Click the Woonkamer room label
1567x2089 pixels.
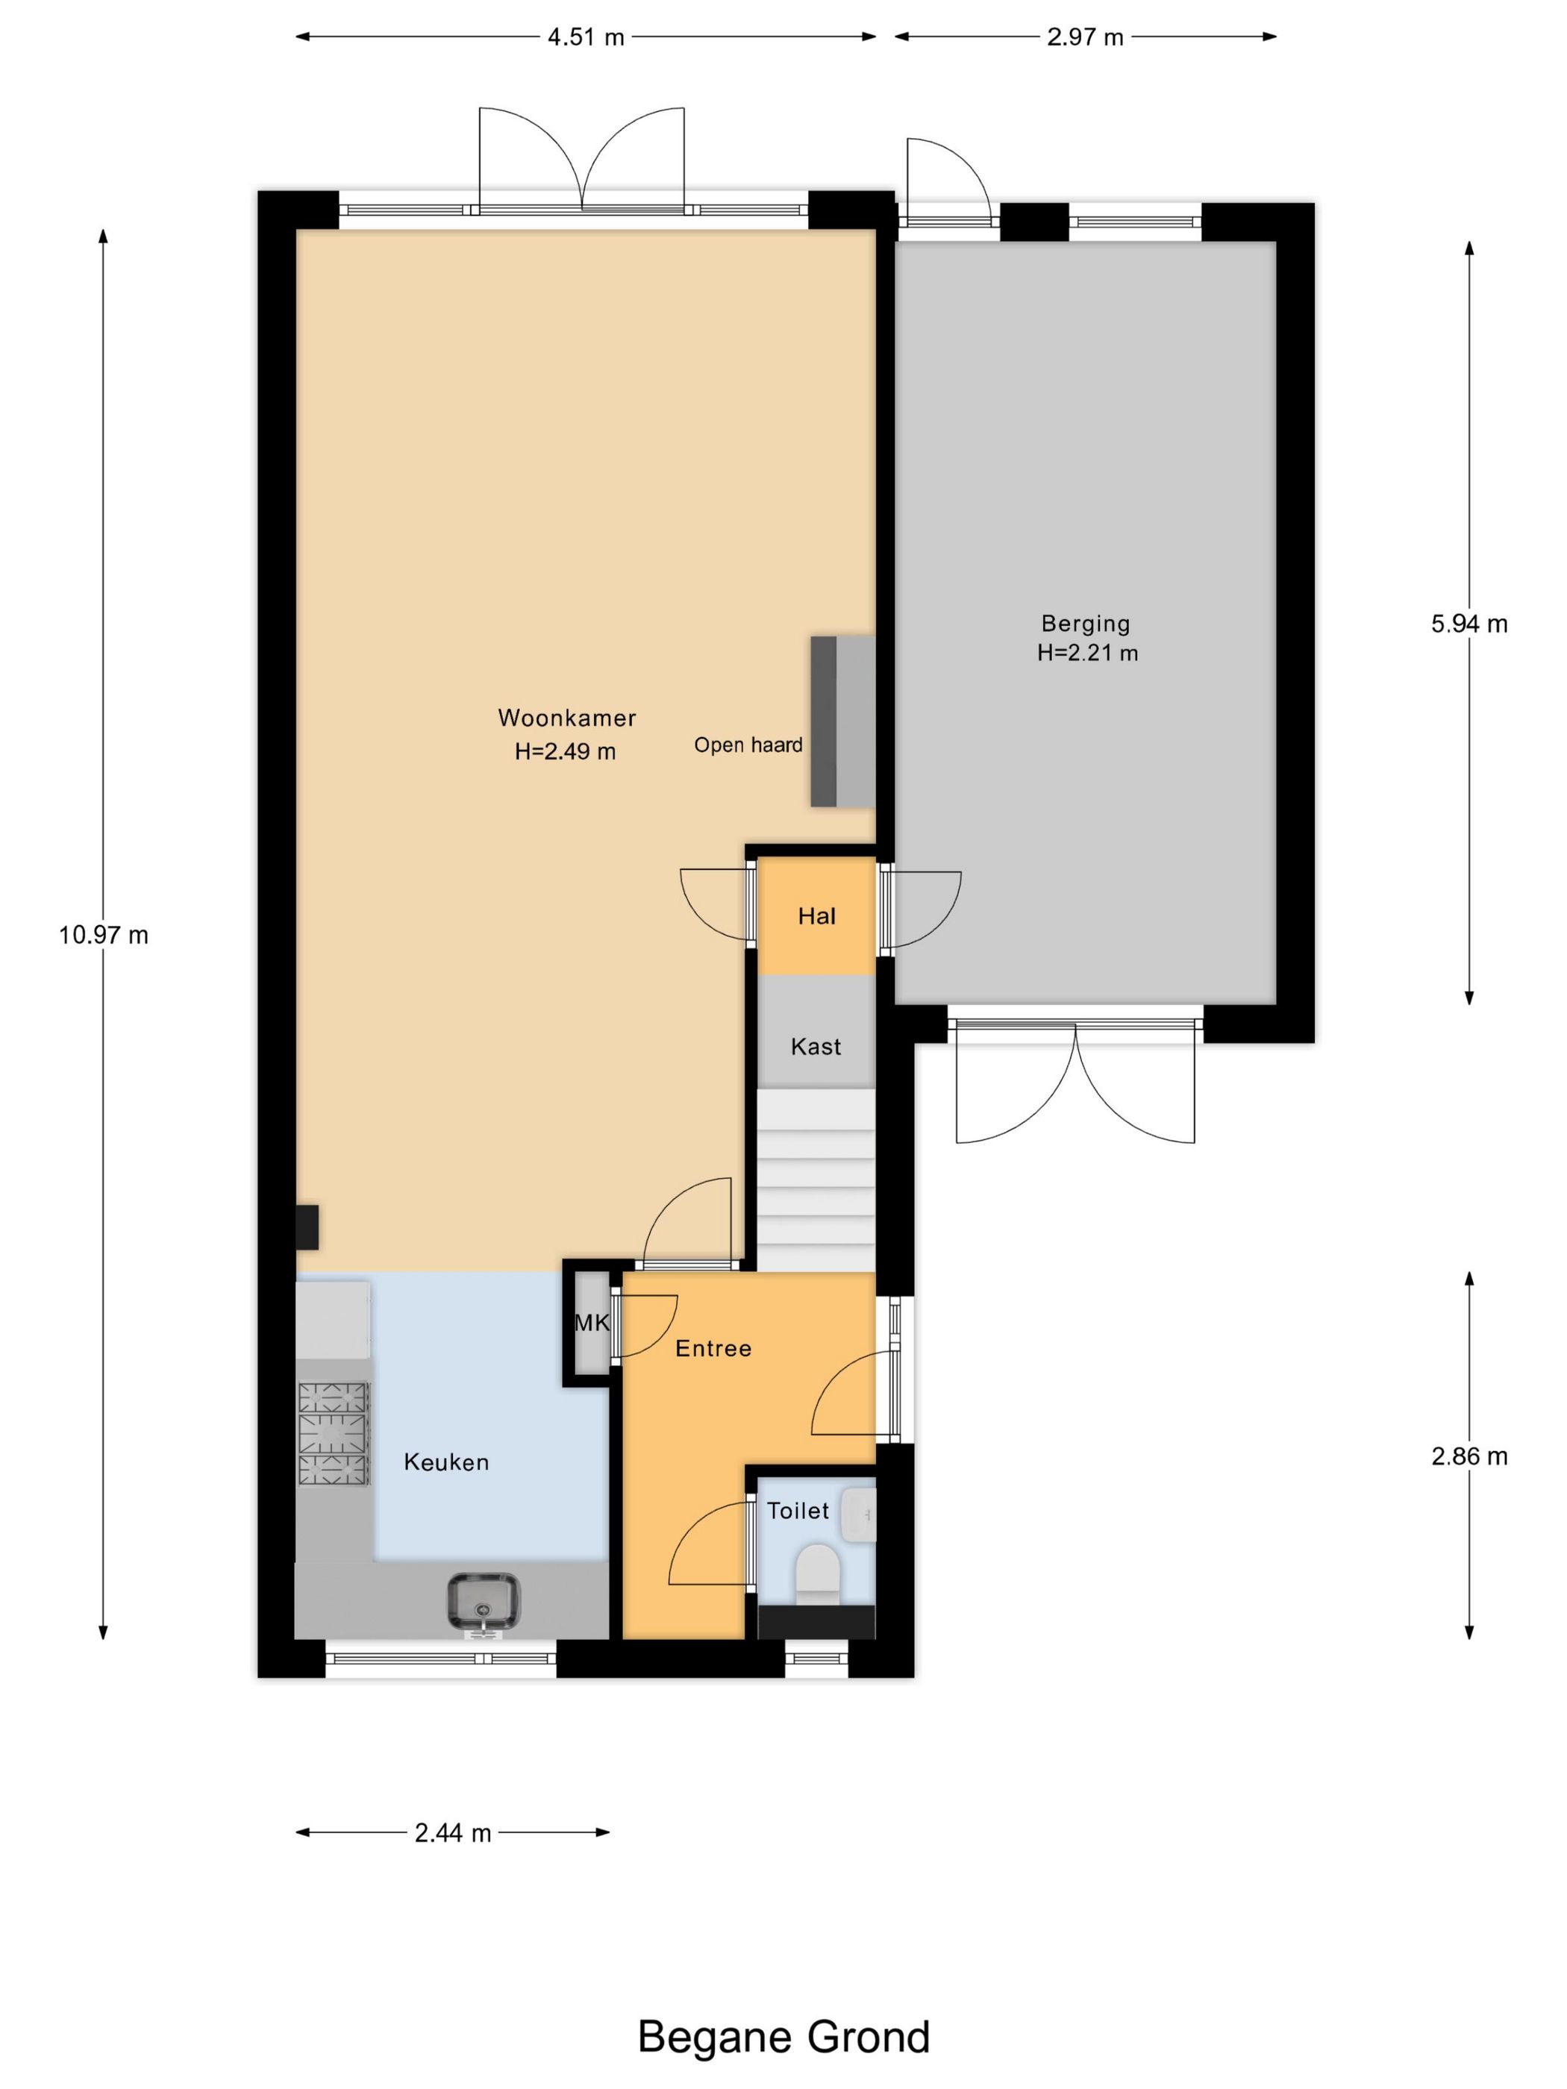click(x=566, y=718)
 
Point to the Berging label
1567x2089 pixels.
click(x=1085, y=623)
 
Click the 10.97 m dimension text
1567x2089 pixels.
click(x=104, y=935)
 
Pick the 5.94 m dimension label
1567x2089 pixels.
click(x=1469, y=623)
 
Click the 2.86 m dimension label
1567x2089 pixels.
click(x=1469, y=1456)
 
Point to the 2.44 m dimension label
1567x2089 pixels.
click(x=452, y=1833)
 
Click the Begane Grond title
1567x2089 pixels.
click(x=783, y=2037)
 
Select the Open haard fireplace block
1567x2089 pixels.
click(x=842, y=721)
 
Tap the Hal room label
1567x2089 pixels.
click(x=816, y=916)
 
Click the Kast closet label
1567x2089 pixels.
click(x=815, y=1047)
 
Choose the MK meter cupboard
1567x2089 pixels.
click(x=592, y=1322)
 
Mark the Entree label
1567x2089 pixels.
click(x=713, y=1349)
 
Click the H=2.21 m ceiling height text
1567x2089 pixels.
click(x=1087, y=653)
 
